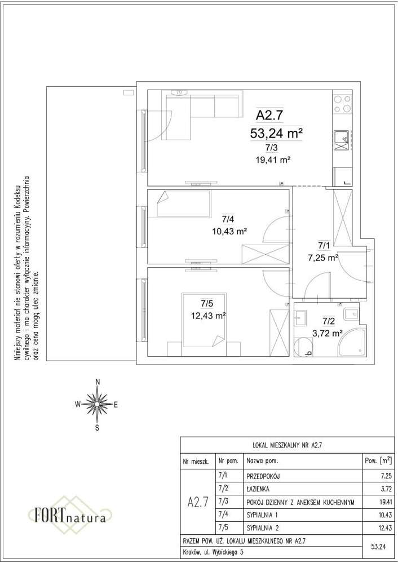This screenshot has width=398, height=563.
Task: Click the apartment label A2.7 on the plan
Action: coord(270,116)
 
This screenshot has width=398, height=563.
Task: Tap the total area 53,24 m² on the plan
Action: coord(276,133)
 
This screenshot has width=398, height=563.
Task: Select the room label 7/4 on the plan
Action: coord(227,219)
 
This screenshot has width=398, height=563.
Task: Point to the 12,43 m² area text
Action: coord(209,316)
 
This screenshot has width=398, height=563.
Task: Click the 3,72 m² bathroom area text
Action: coord(327,333)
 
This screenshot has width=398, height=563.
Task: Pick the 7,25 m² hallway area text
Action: coord(323,258)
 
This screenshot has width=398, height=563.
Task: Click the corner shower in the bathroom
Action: coord(351,343)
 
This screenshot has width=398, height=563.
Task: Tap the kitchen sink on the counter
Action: coord(341,140)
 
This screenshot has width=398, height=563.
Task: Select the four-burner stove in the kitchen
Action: coord(342,104)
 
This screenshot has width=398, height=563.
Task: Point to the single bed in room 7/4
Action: coord(184,203)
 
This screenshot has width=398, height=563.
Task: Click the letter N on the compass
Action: coord(98,382)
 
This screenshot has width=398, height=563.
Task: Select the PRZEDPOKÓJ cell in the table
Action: coord(263,476)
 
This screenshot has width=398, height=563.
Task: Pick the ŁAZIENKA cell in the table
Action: coord(258,489)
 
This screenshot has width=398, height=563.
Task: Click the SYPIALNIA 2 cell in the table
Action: coord(263,528)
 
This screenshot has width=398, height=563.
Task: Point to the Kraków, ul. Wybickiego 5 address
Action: coord(213,552)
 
